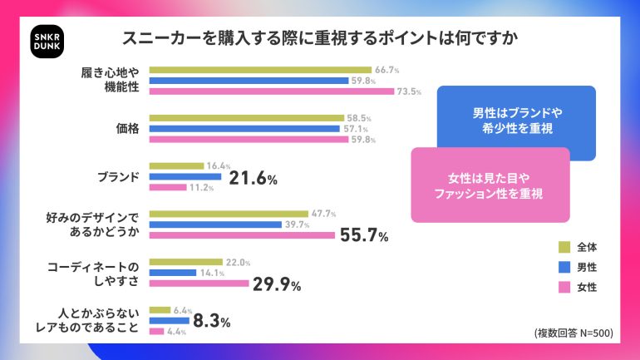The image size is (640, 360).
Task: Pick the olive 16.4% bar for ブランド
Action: pyautogui.click(x=176, y=165)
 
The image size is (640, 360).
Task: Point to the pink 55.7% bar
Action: pyautogui.click(x=242, y=236)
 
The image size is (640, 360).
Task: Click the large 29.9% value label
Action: pyautogui.click(x=277, y=284)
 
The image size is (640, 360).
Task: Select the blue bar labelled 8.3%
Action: pyautogui.click(x=169, y=320)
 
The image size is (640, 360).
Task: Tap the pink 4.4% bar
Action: pyautogui.click(x=156, y=332)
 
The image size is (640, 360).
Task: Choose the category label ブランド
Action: pyautogui.click(x=117, y=176)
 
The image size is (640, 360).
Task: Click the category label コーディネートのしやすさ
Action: pyautogui.click(x=95, y=273)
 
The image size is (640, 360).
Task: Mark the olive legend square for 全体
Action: pyautogui.click(x=564, y=247)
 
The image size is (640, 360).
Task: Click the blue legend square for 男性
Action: pyautogui.click(x=564, y=267)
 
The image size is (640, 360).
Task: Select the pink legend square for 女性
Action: pyautogui.click(x=564, y=287)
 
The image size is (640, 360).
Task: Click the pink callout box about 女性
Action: pyautogui.click(x=490, y=185)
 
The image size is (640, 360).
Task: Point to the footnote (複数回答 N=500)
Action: pyautogui.click(x=574, y=333)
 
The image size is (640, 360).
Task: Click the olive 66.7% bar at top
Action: pyautogui.click(x=260, y=69)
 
